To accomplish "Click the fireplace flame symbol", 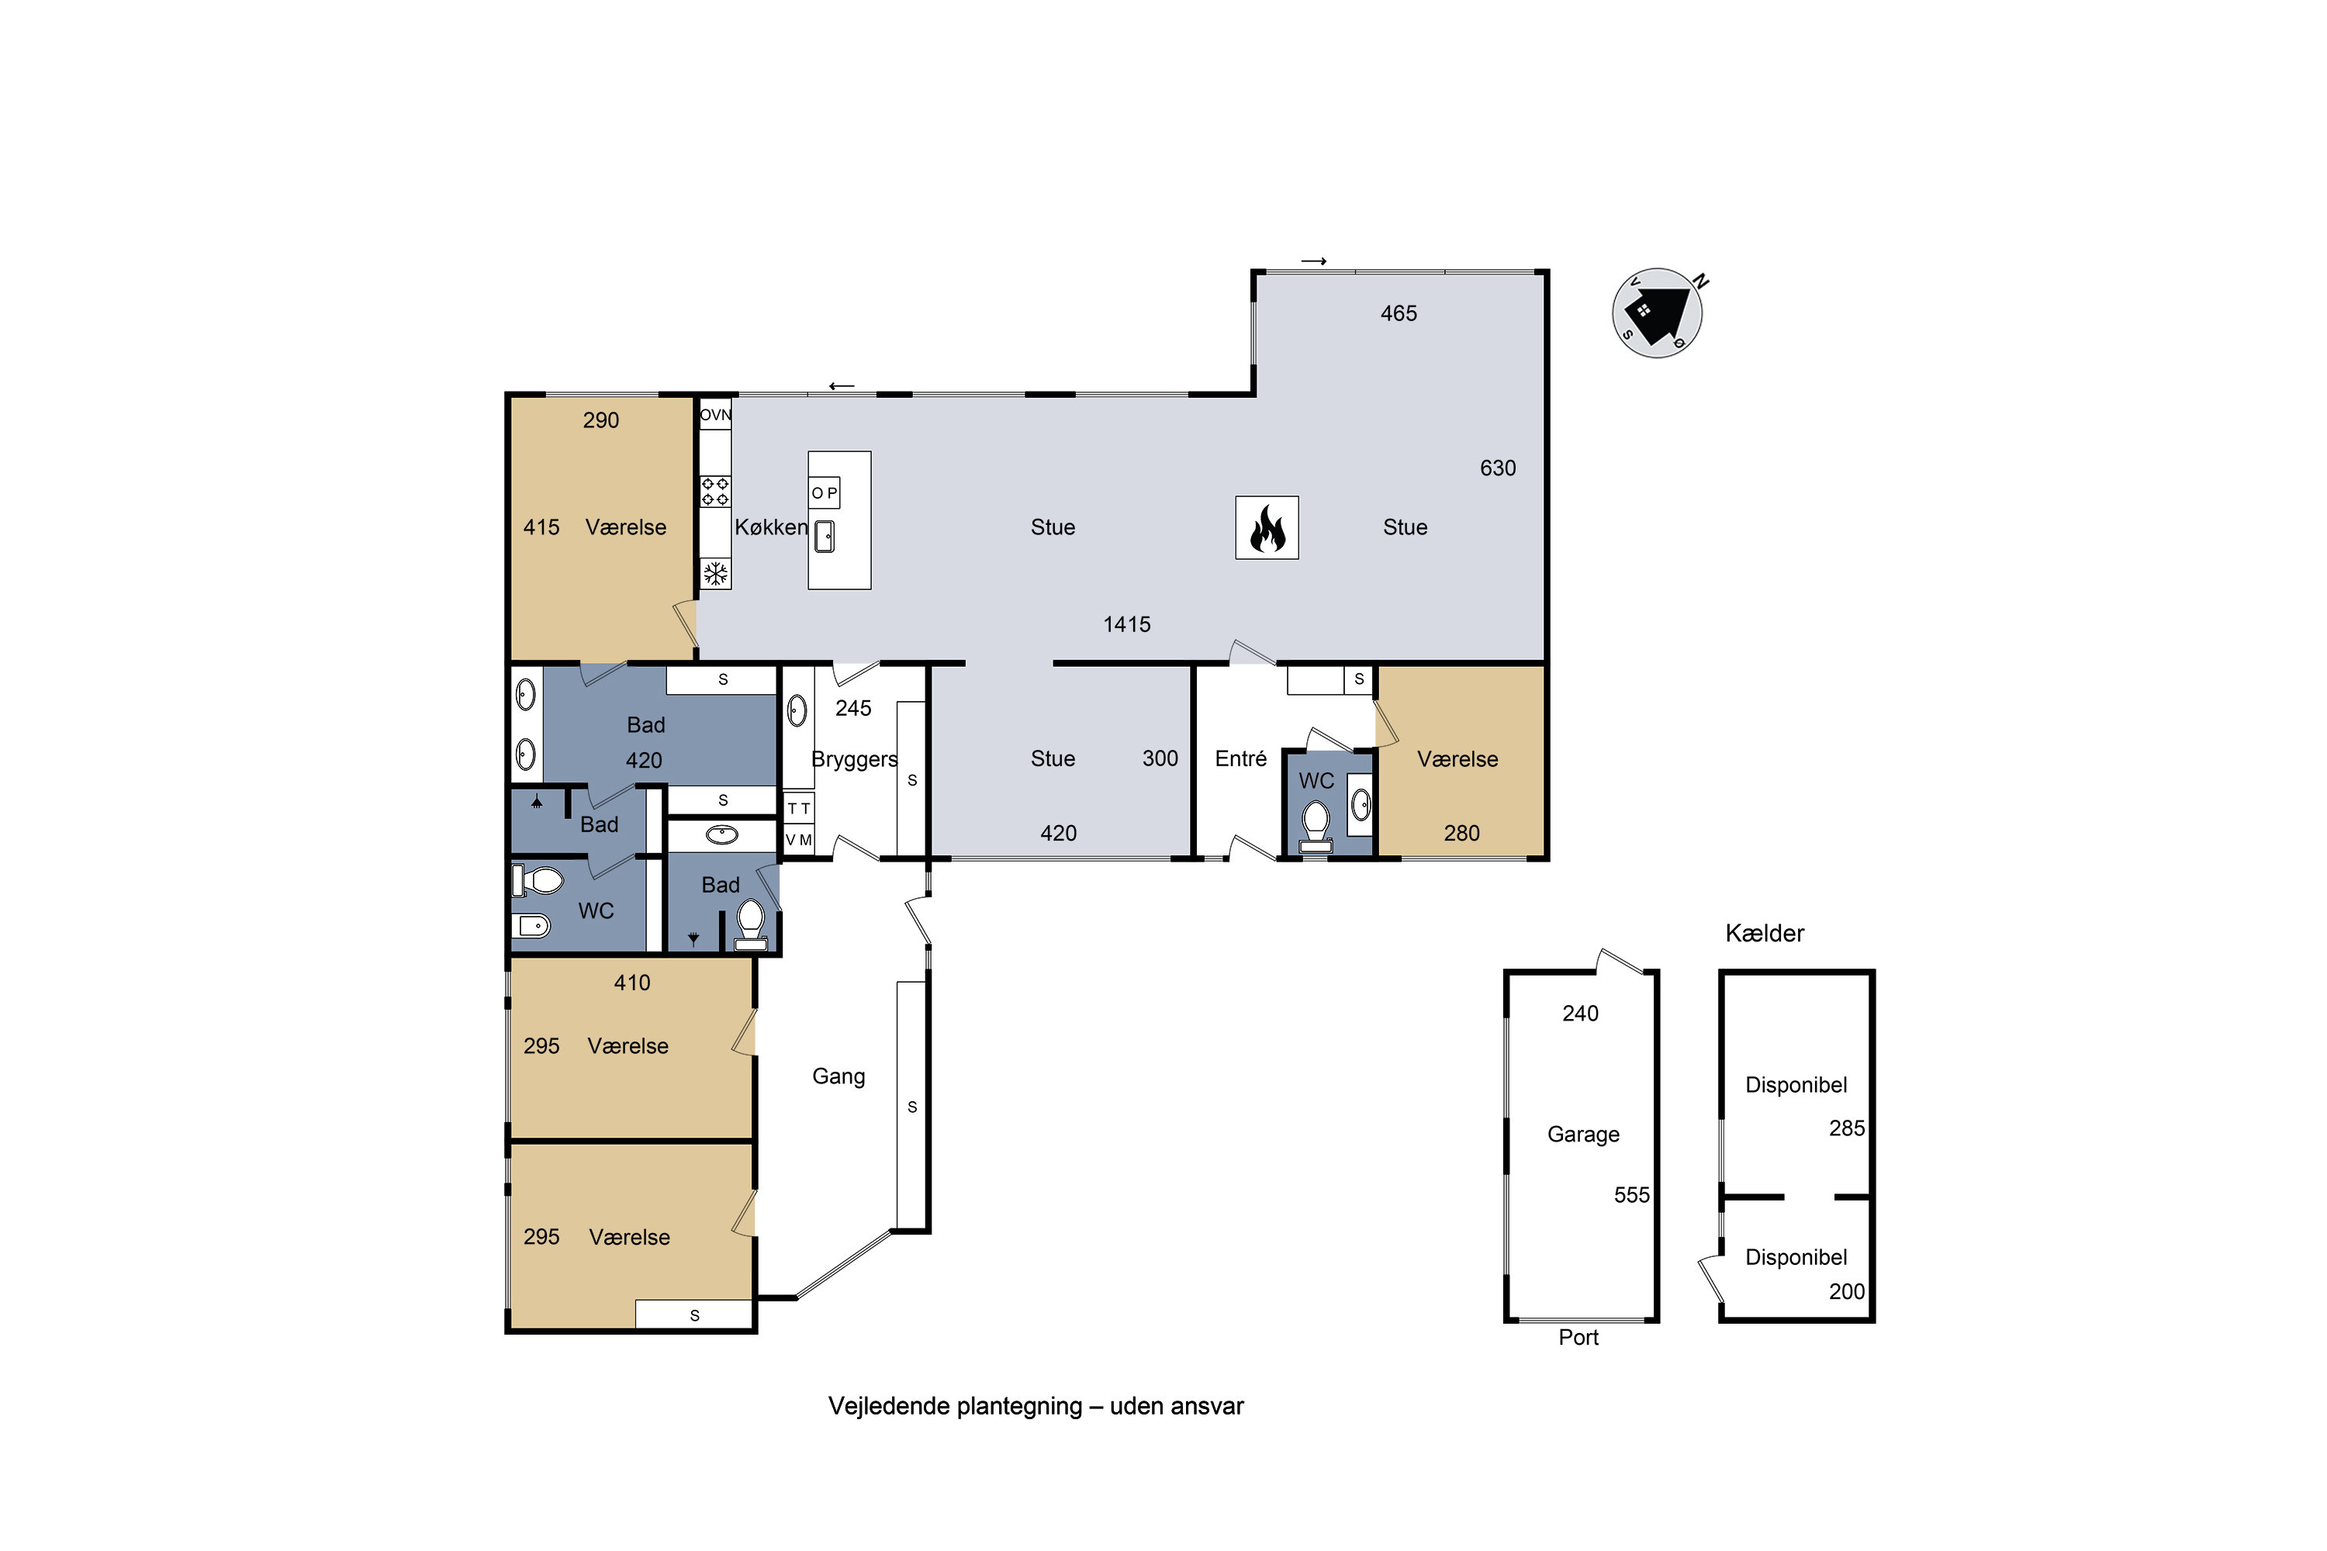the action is click(x=1267, y=527).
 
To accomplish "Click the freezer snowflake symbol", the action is click(x=715, y=574).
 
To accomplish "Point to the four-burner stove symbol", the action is click(x=715, y=492).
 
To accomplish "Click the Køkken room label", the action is click(x=771, y=527).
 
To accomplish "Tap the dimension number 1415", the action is click(x=1127, y=624).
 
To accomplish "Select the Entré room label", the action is click(x=1240, y=758).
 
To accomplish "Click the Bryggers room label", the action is click(x=854, y=760).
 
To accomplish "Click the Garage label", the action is click(x=1583, y=1135).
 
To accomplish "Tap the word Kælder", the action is click(x=1764, y=933).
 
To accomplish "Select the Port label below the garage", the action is click(x=1578, y=1337).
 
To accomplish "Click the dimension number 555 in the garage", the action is click(x=1631, y=1195).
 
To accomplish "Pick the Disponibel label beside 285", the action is click(x=1796, y=1085).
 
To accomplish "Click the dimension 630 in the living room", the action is click(x=1498, y=468).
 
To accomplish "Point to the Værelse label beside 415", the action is click(x=625, y=527).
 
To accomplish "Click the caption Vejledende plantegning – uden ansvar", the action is click(x=1036, y=1407).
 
